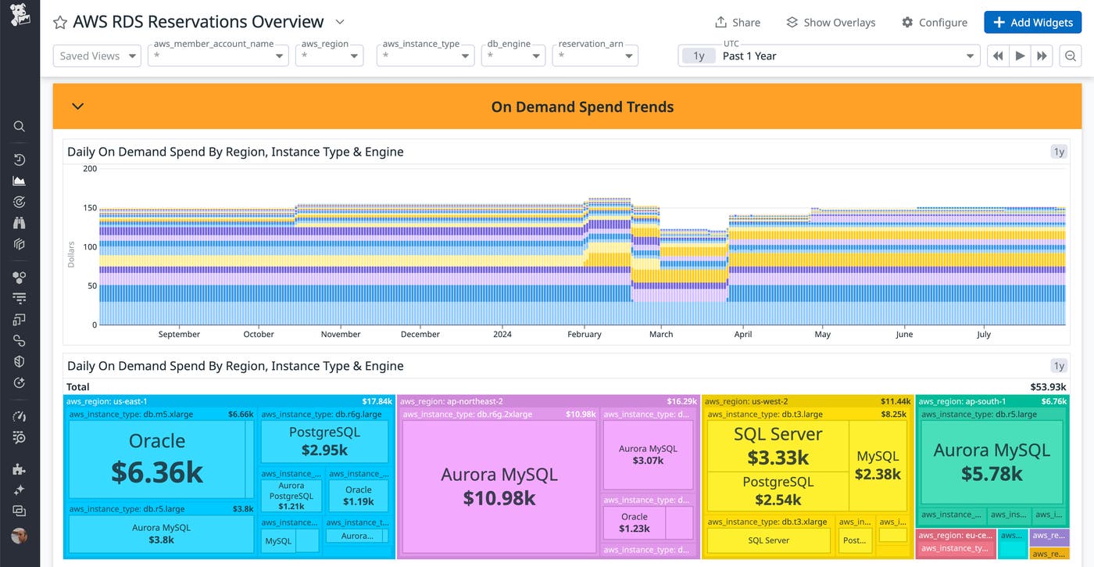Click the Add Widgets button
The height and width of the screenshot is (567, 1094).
(x=1032, y=23)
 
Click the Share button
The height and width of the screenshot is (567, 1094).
(x=738, y=23)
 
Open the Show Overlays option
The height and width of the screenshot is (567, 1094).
(x=831, y=23)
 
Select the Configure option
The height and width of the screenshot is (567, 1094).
(x=934, y=23)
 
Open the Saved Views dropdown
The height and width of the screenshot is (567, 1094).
(x=97, y=56)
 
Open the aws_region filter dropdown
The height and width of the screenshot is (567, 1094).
(x=329, y=56)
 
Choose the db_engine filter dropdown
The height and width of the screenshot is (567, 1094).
(x=513, y=56)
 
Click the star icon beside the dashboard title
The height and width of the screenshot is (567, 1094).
(x=60, y=23)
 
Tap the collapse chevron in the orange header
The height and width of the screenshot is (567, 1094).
(x=77, y=106)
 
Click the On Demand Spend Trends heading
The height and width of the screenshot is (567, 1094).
(x=582, y=107)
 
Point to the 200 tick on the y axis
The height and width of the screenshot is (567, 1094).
(x=90, y=169)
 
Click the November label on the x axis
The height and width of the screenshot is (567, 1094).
(x=341, y=334)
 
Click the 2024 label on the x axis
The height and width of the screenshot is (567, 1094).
(x=502, y=334)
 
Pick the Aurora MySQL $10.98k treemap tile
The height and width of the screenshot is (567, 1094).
(x=499, y=485)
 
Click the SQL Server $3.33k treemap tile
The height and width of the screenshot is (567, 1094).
(x=778, y=446)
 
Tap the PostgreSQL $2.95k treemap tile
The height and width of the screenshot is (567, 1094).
(x=324, y=441)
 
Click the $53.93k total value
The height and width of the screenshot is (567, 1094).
(x=1048, y=387)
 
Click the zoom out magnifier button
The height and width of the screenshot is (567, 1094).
(x=1071, y=56)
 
